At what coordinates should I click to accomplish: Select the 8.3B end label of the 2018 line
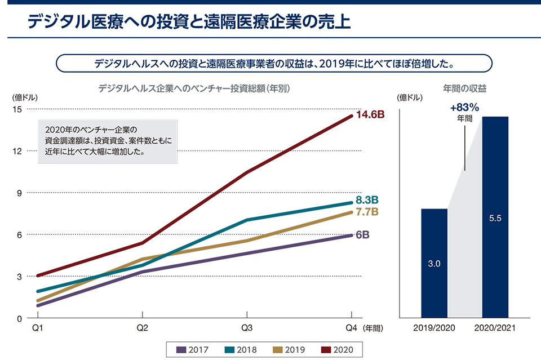367,200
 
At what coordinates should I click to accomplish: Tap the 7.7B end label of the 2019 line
366,212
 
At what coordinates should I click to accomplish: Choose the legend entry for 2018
240,350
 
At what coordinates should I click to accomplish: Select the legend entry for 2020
336,350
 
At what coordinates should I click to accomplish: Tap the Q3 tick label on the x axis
247,328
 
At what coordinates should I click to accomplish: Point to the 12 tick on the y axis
18,151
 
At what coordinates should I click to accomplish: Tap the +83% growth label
464,108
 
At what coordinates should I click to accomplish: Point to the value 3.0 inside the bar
434,263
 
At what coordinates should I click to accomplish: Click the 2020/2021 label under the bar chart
496,328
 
